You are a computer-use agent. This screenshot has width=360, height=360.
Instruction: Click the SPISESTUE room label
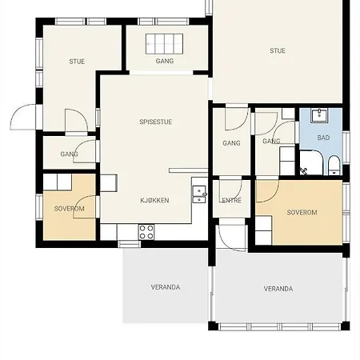(x=155, y=122)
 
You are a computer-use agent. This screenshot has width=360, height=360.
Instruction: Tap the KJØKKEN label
(x=154, y=200)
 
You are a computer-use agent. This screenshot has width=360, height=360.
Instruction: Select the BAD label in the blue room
(x=323, y=138)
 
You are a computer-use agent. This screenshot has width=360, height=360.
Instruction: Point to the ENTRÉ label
(x=231, y=200)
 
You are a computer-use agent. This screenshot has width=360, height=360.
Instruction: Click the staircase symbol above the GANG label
(x=164, y=44)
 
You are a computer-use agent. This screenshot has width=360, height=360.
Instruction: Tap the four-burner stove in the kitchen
(x=146, y=232)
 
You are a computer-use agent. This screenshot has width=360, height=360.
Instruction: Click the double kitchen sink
(x=199, y=194)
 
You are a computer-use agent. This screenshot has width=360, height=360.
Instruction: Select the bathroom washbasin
(x=319, y=115)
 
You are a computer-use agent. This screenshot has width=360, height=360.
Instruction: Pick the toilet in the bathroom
(x=334, y=166)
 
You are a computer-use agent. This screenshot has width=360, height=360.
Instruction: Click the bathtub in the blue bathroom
(x=311, y=162)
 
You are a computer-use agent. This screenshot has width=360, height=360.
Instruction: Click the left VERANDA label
(x=166, y=287)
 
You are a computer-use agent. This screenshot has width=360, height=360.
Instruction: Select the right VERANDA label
(x=278, y=289)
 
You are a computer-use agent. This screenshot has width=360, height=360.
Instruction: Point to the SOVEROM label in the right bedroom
(x=302, y=213)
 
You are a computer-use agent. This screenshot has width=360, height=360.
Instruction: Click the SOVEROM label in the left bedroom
(x=69, y=209)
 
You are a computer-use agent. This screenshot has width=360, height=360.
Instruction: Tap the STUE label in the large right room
(x=278, y=50)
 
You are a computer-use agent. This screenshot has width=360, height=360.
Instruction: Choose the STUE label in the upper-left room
(x=77, y=62)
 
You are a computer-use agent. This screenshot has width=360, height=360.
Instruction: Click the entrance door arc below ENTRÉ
(x=231, y=238)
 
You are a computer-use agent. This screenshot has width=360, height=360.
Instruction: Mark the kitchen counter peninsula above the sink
(x=188, y=170)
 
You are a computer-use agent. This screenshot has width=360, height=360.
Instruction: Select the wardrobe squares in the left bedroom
(x=58, y=182)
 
